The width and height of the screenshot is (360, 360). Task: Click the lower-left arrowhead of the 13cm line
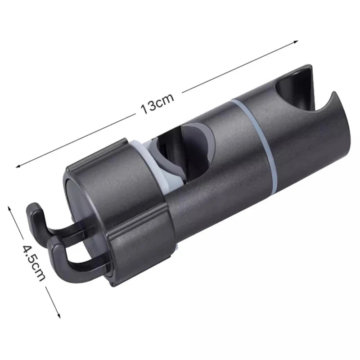18,167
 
